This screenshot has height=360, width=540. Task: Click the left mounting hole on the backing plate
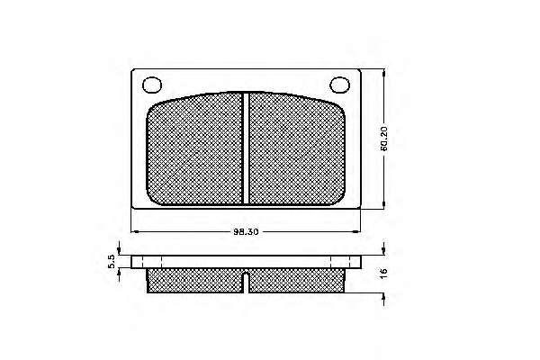click(152, 85)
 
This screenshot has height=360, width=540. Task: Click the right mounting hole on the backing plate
click(340, 85)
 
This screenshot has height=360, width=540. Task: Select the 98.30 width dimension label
click(246, 232)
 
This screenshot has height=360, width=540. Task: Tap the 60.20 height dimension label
click(384, 139)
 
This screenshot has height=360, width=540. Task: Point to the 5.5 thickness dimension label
click(111, 262)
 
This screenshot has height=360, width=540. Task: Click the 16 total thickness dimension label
click(383, 272)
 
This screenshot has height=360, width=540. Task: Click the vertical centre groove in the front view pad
click(246, 148)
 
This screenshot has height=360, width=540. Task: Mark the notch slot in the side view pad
click(246, 283)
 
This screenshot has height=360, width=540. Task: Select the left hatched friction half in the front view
click(195, 149)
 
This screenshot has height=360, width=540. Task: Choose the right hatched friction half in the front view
click(296, 149)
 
